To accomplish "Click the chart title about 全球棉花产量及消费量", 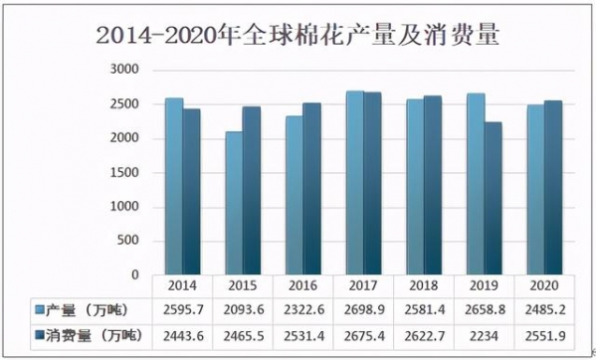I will click(x=298, y=36).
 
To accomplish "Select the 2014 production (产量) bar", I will click(x=174, y=186).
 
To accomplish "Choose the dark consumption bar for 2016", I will click(x=311, y=188).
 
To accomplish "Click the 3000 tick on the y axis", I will click(x=124, y=70).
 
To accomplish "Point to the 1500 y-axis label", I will click(x=124, y=173).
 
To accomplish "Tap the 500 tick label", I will click(x=128, y=242).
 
